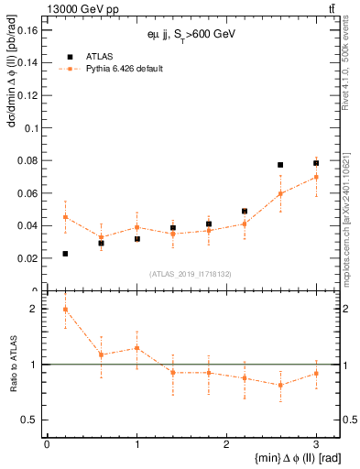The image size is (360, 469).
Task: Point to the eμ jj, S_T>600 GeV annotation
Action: (191, 34)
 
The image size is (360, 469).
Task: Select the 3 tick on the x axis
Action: (316, 444)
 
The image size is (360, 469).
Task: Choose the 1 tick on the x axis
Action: (136, 444)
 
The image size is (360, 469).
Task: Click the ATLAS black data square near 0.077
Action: (280, 165)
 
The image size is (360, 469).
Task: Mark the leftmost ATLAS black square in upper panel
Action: (65, 254)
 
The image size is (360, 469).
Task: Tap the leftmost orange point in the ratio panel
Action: (65, 310)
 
